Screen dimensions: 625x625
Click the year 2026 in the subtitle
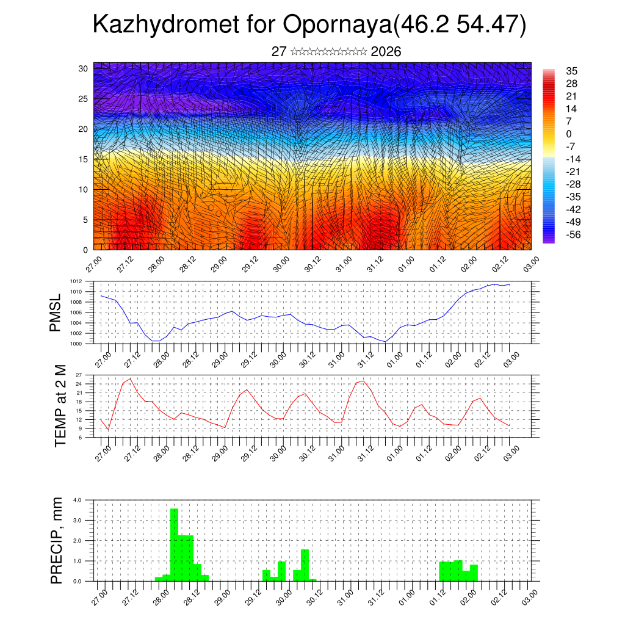pos(386,51)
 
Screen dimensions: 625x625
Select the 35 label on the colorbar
pos(572,71)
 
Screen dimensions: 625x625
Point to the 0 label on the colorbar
pos(569,134)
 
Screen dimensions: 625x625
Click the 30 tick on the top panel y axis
pos(83,68)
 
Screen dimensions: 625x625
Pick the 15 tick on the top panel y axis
pos(83,159)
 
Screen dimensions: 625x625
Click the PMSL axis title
pos(56,312)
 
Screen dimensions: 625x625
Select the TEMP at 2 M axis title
pos(60,406)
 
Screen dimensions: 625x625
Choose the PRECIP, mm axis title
pos(57,540)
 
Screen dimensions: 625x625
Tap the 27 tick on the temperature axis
pos(79,374)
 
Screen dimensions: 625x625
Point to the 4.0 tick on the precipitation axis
pos(78,500)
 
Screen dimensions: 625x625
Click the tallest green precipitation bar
pos(174,543)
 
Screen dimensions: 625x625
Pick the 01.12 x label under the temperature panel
pos(423,451)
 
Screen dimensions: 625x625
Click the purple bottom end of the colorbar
pos(549,240)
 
